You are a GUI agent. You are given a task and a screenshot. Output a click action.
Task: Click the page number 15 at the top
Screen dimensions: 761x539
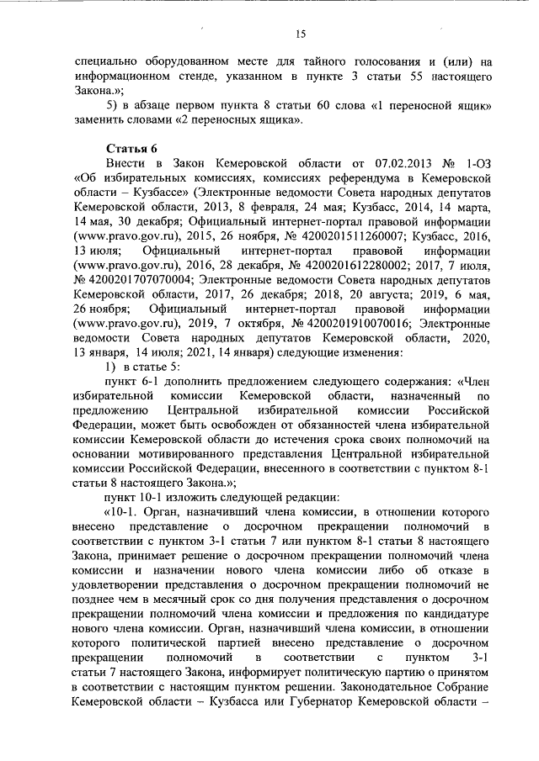pos(301,34)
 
